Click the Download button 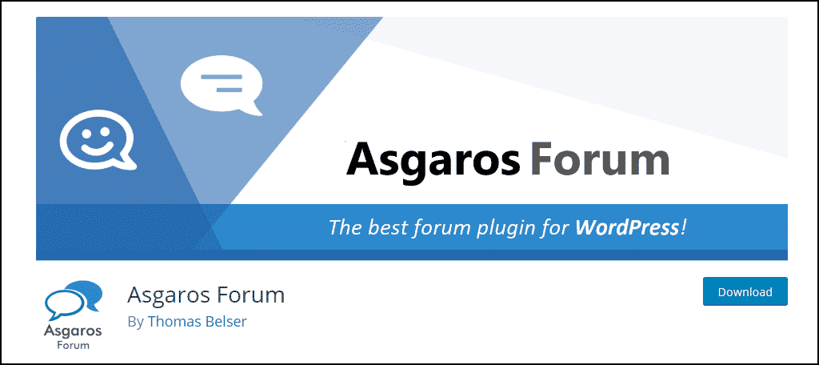click(x=745, y=291)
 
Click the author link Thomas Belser click(x=197, y=322)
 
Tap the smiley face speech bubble click(x=98, y=139)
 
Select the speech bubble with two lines click(x=221, y=85)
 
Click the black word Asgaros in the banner click(x=433, y=159)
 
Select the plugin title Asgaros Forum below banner click(x=206, y=295)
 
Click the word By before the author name click(x=135, y=322)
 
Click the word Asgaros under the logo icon click(x=73, y=331)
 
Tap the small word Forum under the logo click(x=73, y=345)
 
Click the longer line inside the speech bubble click(x=222, y=78)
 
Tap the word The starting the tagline click(x=346, y=227)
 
